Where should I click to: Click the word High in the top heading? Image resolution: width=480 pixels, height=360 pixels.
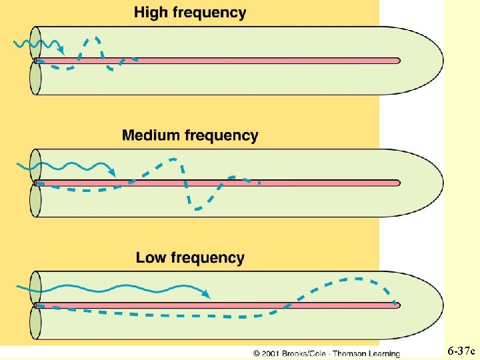(x=151, y=13)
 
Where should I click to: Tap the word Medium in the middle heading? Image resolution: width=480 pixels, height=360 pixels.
(x=151, y=135)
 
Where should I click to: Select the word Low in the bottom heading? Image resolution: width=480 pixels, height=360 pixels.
(x=151, y=257)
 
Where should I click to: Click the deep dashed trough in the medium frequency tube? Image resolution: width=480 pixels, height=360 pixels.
(x=197, y=208)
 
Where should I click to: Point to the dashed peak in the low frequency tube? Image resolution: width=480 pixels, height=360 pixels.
(x=357, y=279)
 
